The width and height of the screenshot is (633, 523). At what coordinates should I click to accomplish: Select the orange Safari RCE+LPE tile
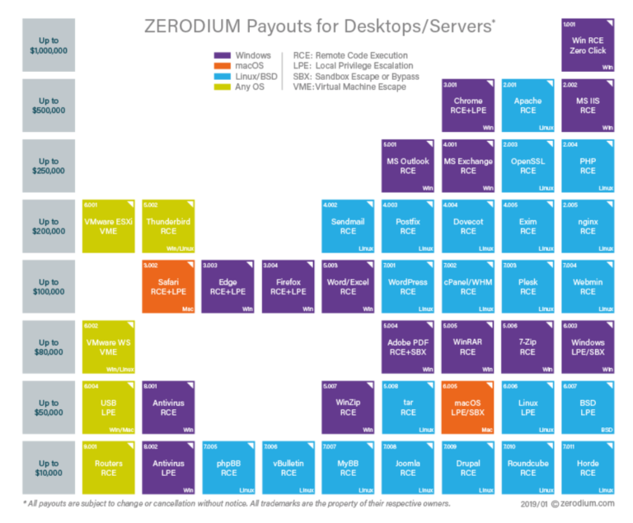(x=168, y=286)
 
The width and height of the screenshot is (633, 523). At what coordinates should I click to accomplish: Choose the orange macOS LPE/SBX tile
(x=468, y=407)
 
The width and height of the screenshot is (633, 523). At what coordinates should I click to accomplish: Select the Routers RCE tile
(x=109, y=467)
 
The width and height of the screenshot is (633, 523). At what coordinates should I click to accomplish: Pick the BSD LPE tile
(x=588, y=407)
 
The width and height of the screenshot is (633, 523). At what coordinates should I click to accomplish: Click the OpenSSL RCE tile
(x=528, y=166)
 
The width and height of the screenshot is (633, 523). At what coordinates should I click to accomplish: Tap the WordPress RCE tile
(x=408, y=286)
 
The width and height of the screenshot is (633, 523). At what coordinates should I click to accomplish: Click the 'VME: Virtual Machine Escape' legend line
(x=349, y=87)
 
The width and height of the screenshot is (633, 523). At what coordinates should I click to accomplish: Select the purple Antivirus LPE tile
(x=168, y=467)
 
